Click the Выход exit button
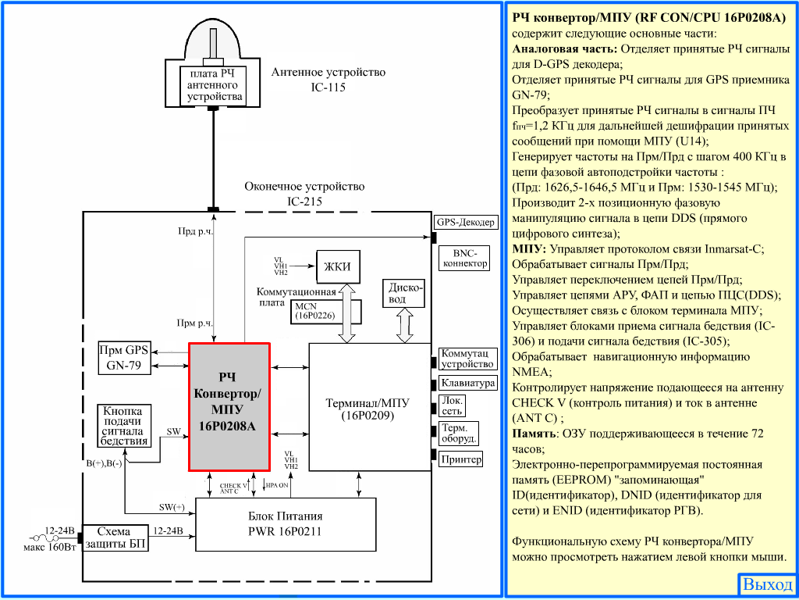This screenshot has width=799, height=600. click(768, 584)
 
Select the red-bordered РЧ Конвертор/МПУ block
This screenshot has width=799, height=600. click(229, 407)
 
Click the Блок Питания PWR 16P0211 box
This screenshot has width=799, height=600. click(285, 524)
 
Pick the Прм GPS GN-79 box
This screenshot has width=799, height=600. click(124, 358)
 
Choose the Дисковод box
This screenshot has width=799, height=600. click(404, 293)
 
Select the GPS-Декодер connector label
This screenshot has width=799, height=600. click(465, 222)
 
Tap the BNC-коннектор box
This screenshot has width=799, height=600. click(465, 258)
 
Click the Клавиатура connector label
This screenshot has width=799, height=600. click(467, 383)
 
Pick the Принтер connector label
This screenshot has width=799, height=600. click(460, 459)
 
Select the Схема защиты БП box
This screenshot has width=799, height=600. click(116, 537)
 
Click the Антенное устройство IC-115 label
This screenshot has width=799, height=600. click(328, 80)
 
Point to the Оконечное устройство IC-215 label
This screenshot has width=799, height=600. click(304, 194)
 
